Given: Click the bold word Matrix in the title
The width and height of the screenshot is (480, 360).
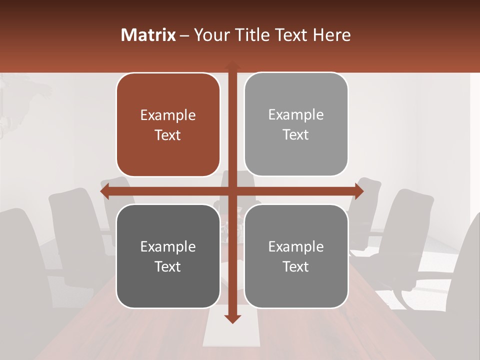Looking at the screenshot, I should pyautogui.click(x=148, y=35).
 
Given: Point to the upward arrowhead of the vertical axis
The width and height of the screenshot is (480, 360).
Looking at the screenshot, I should pyautogui.click(x=232, y=65).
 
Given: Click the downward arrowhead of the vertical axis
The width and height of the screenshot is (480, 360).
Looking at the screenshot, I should pyautogui.click(x=232, y=319).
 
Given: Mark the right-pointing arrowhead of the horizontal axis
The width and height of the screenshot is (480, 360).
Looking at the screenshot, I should pyautogui.click(x=359, y=191).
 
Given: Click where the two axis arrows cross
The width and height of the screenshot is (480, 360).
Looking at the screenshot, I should pyautogui.click(x=232, y=191).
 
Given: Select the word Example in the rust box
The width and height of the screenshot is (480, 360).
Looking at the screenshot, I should pyautogui.click(x=168, y=115).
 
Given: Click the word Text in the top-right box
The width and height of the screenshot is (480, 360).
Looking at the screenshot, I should pyautogui.click(x=296, y=135).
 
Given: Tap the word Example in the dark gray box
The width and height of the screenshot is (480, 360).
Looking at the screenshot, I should pyautogui.click(x=168, y=247).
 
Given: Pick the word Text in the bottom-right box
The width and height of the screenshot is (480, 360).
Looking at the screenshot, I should pyautogui.click(x=296, y=267).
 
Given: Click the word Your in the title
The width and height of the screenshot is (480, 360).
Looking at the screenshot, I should pyautogui.click(x=209, y=35).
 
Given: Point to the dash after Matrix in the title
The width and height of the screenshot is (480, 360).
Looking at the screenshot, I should pyautogui.click(x=184, y=35).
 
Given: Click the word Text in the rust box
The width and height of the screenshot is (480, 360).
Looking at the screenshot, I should pyautogui.click(x=168, y=135).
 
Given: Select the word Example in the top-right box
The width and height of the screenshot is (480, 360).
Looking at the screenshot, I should pyautogui.click(x=296, y=115).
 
